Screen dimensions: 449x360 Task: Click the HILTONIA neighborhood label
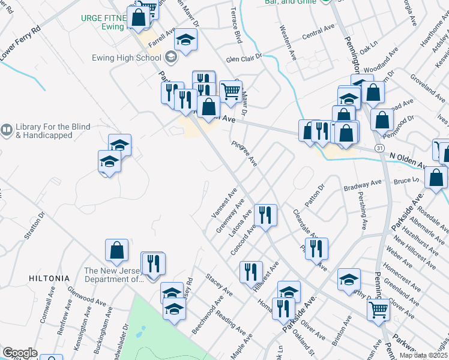click(x=49, y=278)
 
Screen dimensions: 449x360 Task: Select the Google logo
click(x=20, y=353)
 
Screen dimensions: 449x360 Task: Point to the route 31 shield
click(x=379, y=148)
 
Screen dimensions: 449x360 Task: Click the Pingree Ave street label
click(x=244, y=154)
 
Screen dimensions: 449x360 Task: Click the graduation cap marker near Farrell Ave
click(x=186, y=40)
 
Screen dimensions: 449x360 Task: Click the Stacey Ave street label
click(x=219, y=284)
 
